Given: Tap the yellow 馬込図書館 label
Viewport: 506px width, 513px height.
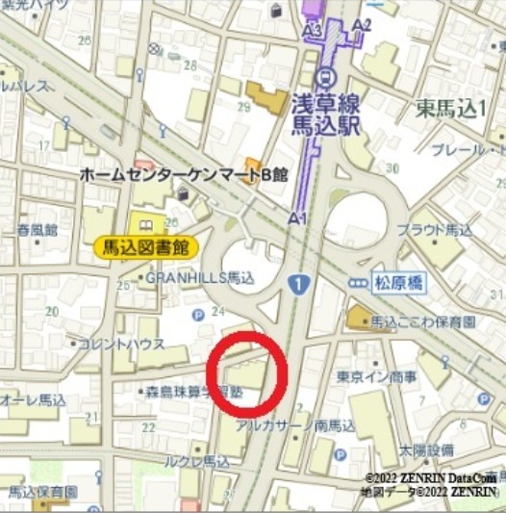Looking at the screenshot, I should (146, 247).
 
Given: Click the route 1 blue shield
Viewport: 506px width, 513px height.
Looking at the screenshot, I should (299, 285).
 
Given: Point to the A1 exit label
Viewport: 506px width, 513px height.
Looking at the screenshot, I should (297, 219).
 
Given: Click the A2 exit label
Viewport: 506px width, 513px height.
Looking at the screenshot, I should (363, 24).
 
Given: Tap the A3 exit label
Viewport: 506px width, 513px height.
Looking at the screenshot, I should (312, 31).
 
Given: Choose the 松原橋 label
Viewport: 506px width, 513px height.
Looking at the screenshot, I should (398, 283).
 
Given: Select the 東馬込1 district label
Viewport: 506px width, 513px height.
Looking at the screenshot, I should (450, 109).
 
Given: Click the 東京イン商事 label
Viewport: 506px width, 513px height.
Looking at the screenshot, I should (377, 375).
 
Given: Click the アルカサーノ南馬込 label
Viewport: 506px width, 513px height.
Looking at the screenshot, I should (289, 423).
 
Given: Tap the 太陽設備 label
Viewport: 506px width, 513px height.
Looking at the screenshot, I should (427, 449).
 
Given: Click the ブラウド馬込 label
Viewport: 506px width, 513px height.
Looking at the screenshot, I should (435, 230).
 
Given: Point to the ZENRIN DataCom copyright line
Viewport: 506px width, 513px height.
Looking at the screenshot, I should (430, 478).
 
